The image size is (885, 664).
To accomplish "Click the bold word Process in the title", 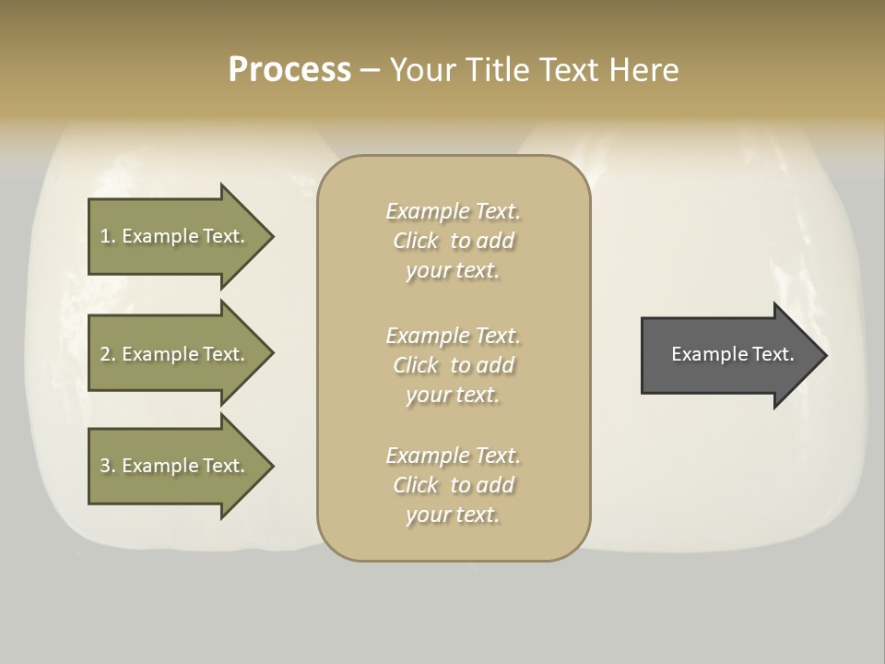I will (289, 69).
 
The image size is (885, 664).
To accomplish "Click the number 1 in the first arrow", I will (105, 236).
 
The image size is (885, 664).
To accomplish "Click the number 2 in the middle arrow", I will (105, 354).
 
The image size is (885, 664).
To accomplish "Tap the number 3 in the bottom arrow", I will (105, 466).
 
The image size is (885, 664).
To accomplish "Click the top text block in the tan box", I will (453, 241).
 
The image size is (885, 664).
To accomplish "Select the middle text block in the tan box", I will (453, 365).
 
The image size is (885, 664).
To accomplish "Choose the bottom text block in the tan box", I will (453, 485).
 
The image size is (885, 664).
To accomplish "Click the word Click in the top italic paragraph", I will (416, 241).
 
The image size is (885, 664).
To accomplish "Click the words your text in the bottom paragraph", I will (453, 516).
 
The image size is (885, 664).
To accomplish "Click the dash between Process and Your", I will (370, 70).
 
